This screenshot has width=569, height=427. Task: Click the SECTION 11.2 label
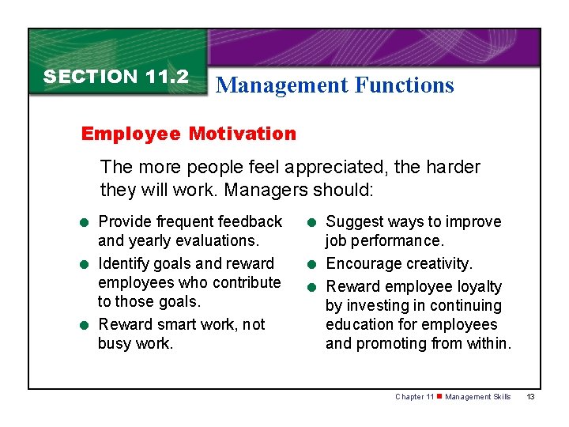tap(116, 77)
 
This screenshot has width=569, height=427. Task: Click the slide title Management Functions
tap(335, 85)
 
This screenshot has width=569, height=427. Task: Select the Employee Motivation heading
tap(189, 134)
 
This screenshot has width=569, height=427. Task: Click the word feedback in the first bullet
tap(250, 221)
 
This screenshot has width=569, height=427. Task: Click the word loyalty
tap(477, 286)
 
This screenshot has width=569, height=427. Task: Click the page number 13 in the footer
tap(530, 397)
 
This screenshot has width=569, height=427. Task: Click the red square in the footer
tap(439, 397)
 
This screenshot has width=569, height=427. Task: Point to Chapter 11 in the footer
tap(414, 397)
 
